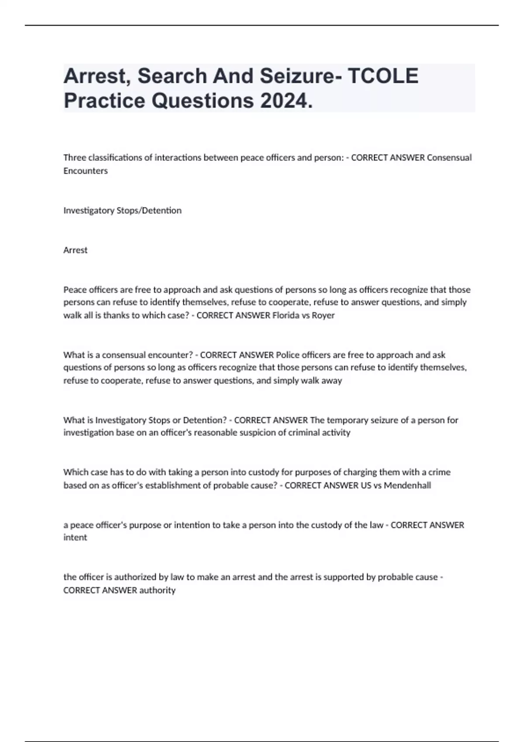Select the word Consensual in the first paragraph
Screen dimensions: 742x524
(449, 158)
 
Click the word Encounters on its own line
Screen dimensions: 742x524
(86, 171)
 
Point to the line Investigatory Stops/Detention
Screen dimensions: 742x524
(122, 210)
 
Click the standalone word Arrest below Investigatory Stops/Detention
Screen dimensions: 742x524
(76, 250)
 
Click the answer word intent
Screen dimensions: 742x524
(75, 537)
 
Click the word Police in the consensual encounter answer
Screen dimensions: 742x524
(288, 355)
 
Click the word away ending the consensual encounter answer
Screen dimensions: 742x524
(331, 380)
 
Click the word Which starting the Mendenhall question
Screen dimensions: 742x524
(75, 472)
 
